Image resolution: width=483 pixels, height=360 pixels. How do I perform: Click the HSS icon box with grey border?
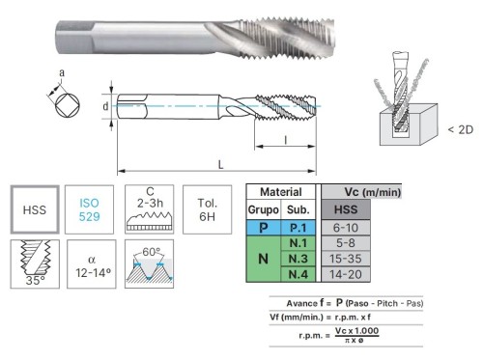tap(35, 209)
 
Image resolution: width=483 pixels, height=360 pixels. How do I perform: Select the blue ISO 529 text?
tap(89, 209)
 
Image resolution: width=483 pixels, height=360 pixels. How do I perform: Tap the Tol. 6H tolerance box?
tap(207, 209)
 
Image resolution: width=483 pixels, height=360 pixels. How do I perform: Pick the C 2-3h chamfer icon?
tap(149, 209)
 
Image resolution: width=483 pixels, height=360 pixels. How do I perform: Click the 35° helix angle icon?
tap(35, 263)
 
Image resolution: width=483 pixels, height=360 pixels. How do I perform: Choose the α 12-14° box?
tap(92, 263)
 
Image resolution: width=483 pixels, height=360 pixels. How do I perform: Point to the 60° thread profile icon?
tap(149, 263)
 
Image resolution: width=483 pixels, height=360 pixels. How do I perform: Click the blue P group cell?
tap(264, 228)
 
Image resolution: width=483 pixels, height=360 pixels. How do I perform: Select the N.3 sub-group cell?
tap(298, 259)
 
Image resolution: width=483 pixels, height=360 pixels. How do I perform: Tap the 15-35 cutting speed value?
tap(346, 259)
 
